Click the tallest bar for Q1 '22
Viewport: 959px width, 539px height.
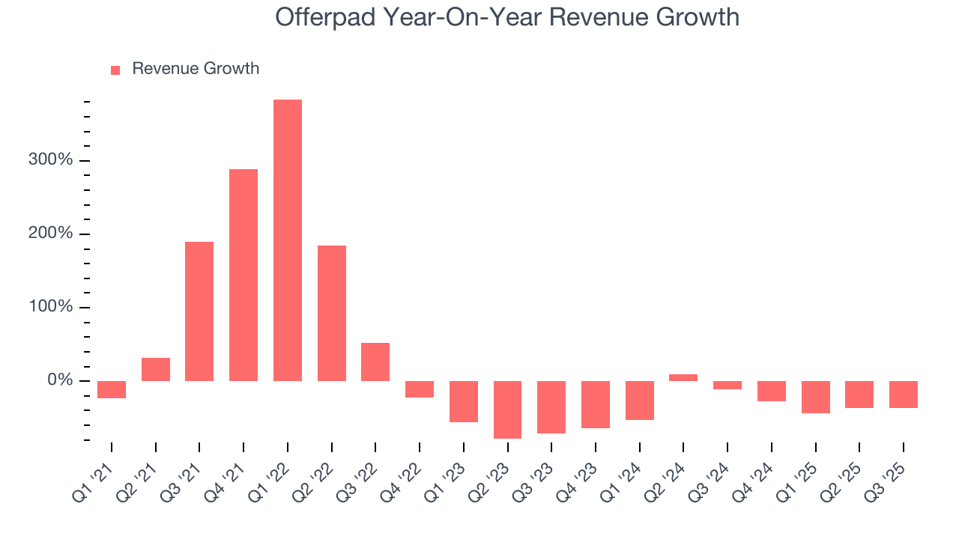[x=288, y=240]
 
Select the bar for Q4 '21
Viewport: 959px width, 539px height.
[x=243, y=275]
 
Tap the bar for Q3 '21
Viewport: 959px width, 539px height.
[x=199, y=311]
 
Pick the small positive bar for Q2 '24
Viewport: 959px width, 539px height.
[x=683, y=377]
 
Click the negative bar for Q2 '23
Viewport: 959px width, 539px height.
[x=507, y=409]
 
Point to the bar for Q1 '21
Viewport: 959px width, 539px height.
[x=112, y=389]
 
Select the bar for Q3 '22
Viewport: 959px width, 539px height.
[x=375, y=362]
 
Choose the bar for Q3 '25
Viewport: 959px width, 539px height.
[x=903, y=395]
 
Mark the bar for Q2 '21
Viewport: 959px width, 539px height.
[x=156, y=369]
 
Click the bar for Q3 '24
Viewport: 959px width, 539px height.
[x=727, y=386]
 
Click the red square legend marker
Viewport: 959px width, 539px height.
[x=115, y=70]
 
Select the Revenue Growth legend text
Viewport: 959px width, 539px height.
[x=196, y=69]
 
